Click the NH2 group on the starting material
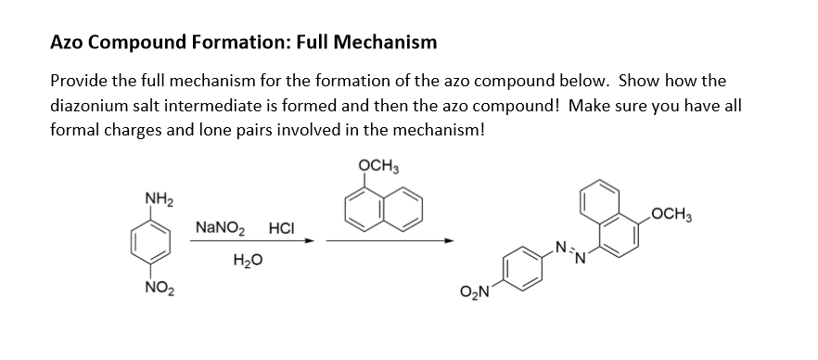[156, 197]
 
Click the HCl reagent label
[282, 227]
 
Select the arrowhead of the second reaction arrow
[452, 242]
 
